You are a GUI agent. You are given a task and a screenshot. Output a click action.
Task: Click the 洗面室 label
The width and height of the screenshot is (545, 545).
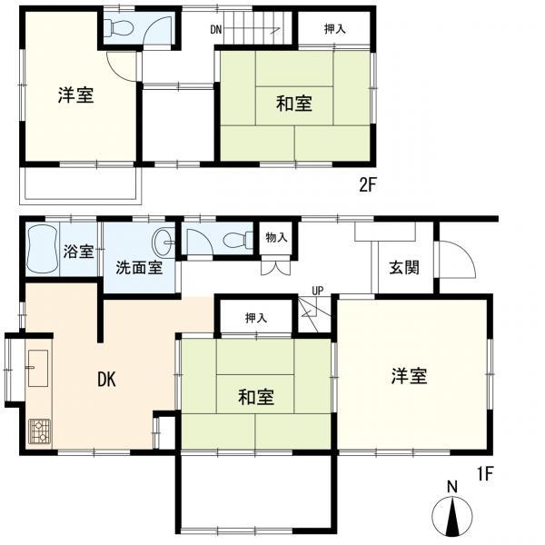pos(139,268)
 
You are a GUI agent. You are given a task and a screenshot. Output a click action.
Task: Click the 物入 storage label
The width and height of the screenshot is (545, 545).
pos(277,238)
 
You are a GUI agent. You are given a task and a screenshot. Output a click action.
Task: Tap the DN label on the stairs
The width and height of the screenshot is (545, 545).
pos(216,30)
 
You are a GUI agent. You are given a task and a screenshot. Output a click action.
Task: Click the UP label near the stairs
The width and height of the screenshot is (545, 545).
pos(317,291)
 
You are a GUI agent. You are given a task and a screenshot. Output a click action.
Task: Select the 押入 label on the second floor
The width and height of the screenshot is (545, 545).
pos(334,30)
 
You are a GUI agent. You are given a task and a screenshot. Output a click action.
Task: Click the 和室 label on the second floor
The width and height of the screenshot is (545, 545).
pos(293,104)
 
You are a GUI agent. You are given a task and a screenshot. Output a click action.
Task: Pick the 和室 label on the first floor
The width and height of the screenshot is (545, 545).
pos(256,397)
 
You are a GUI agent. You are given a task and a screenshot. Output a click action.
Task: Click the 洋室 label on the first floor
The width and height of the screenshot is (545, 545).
pos(410,376)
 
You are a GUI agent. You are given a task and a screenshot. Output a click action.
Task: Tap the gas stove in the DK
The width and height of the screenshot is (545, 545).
pos(40,430)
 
